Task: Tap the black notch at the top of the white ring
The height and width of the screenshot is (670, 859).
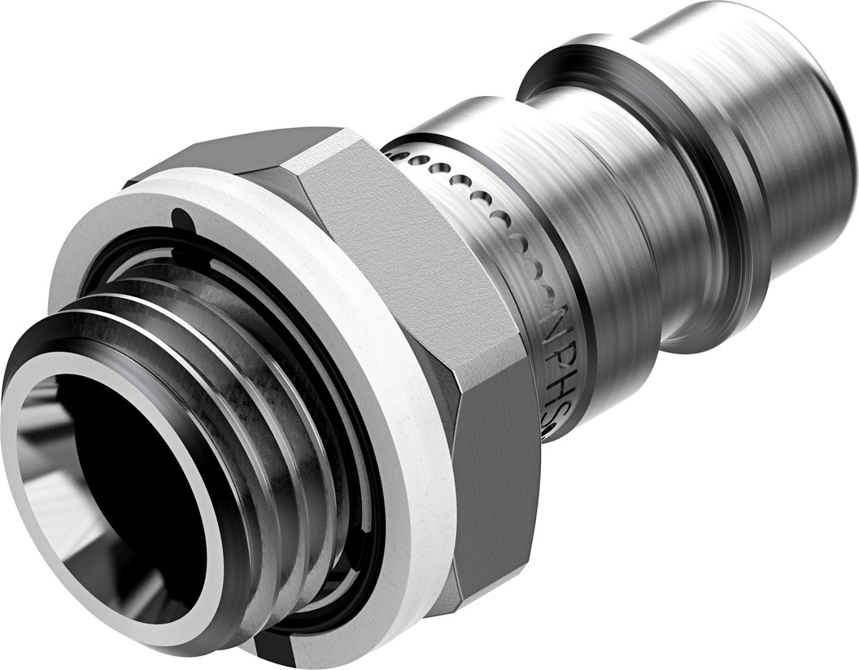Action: [184, 218]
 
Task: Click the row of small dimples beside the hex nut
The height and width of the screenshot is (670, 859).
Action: [480, 204]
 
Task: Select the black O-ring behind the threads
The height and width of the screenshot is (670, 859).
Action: [358, 456]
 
